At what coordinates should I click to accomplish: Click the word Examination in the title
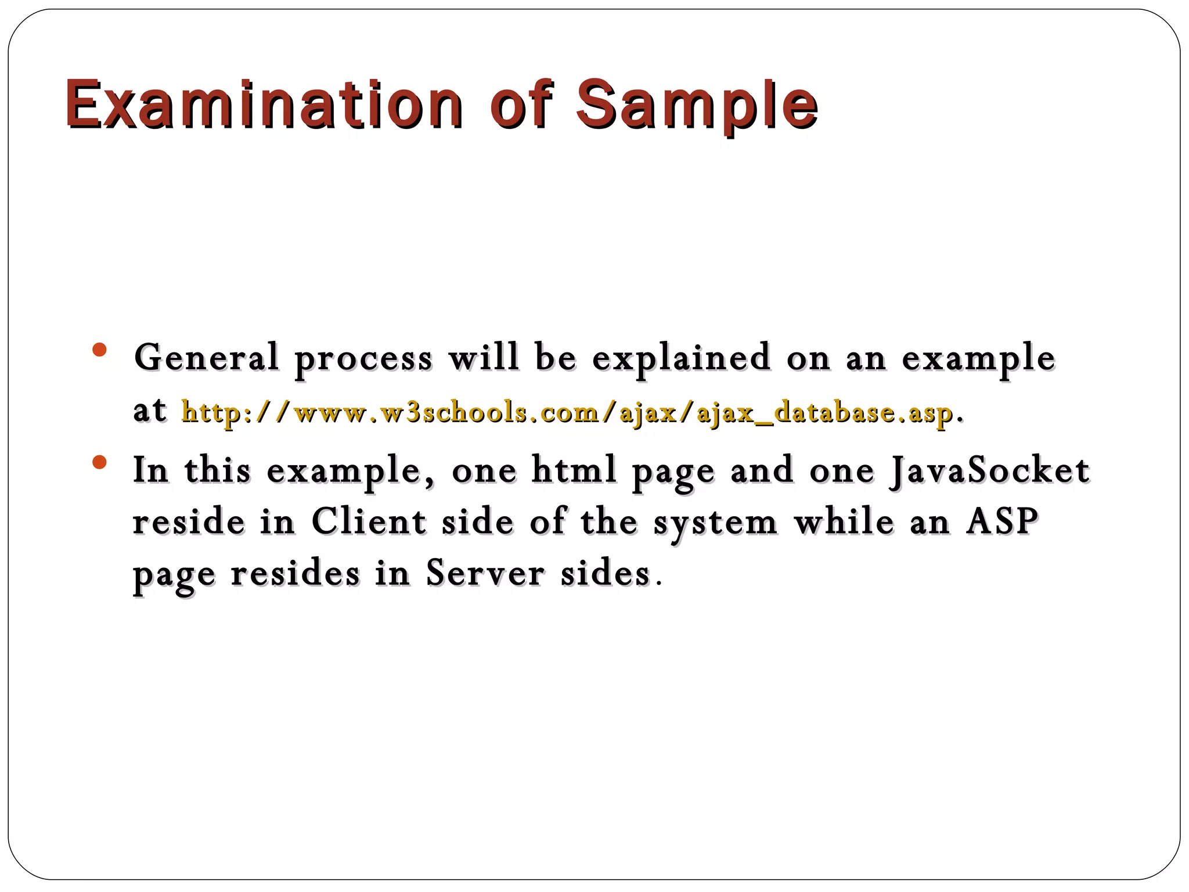264,105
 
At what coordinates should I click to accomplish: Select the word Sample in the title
697,105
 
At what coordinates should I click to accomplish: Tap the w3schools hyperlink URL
567,413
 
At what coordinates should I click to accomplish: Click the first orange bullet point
100,350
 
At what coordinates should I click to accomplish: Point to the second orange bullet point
100,462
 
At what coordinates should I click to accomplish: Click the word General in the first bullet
206,357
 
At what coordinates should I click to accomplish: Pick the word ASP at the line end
1002,521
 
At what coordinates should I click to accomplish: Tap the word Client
369,521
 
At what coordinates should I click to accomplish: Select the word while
844,521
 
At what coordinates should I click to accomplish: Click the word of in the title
521,105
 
